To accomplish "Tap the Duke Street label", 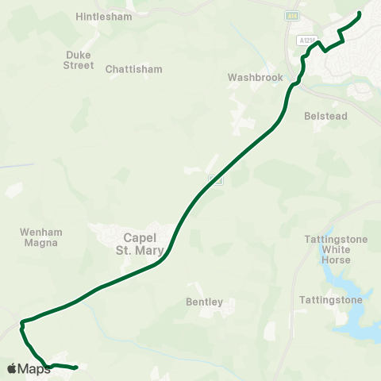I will (x=79, y=60).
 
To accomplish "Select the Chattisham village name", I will (x=133, y=69).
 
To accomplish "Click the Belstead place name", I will (x=325, y=116).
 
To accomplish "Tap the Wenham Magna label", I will (x=40, y=237).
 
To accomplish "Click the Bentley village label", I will (x=204, y=302).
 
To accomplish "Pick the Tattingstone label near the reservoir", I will (x=331, y=300).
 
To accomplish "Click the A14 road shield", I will (x=293, y=15).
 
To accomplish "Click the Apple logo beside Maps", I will (x=11, y=368).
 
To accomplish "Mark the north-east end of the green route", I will (x=360, y=13).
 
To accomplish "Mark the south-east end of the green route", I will (x=75, y=368).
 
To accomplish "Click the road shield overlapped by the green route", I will (x=214, y=181).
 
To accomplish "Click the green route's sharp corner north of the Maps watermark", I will (x=21, y=322).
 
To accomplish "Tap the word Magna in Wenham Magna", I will (x=40, y=243).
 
